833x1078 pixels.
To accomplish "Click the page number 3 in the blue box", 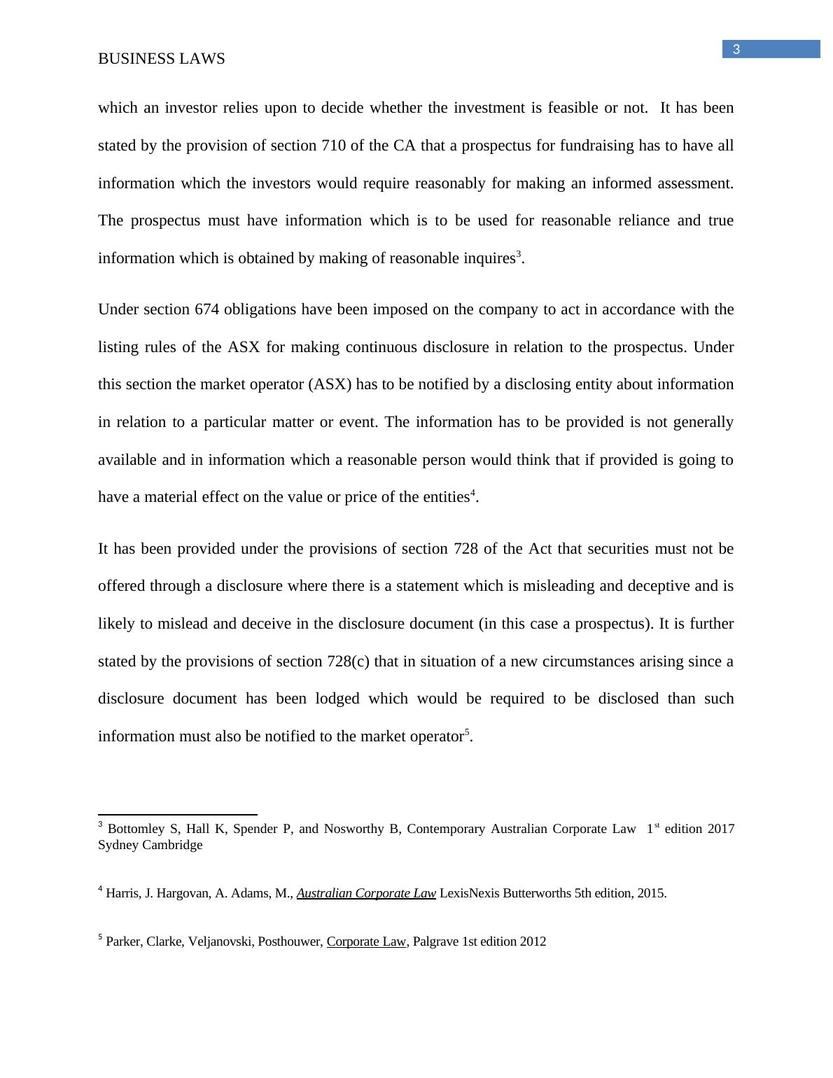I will click(736, 50).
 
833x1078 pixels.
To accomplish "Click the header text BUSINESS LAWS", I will click(161, 59).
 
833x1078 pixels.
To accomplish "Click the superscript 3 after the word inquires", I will click(519, 253).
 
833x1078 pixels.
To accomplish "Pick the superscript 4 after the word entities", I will click(473, 492).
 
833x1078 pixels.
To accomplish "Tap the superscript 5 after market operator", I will click(468, 731).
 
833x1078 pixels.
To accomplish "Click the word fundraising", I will click(572, 146).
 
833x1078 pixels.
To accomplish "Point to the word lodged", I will click(337, 699).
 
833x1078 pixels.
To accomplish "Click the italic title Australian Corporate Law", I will click(366, 893).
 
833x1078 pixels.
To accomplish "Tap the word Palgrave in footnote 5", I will click(435, 941).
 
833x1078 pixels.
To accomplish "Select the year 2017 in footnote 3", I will click(721, 829).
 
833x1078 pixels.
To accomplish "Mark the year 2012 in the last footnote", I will click(533, 941).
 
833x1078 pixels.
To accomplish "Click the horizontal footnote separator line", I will click(178, 815).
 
